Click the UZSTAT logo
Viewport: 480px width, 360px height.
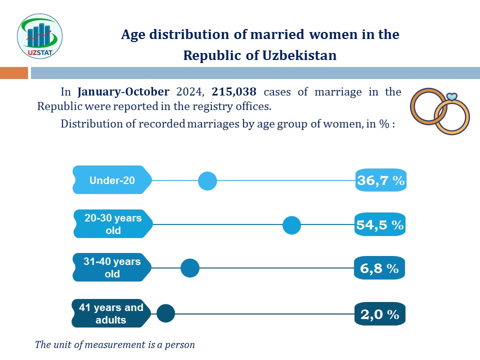(x=40, y=36)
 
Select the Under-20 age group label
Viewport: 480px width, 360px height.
(x=112, y=180)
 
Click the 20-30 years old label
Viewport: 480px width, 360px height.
(x=113, y=224)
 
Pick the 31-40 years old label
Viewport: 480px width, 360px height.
(x=112, y=267)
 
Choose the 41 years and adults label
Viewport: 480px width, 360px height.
(x=111, y=313)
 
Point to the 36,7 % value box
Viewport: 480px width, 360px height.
(x=380, y=180)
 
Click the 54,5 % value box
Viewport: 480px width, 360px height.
(x=380, y=225)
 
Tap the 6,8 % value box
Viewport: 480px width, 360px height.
(x=379, y=268)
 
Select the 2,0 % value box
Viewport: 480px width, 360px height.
(x=379, y=314)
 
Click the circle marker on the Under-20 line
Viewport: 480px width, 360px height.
(x=207, y=180)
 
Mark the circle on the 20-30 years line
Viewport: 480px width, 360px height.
(x=291, y=225)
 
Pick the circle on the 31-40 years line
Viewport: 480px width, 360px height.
(x=190, y=268)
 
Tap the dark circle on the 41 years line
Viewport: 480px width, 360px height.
(x=165, y=314)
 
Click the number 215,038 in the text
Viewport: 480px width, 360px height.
(x=234, y=92)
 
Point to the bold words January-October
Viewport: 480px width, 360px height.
(x=123, y=92)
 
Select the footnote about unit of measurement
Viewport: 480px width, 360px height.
(x=115, y=344)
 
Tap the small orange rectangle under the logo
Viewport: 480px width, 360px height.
(x=13, y=73)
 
